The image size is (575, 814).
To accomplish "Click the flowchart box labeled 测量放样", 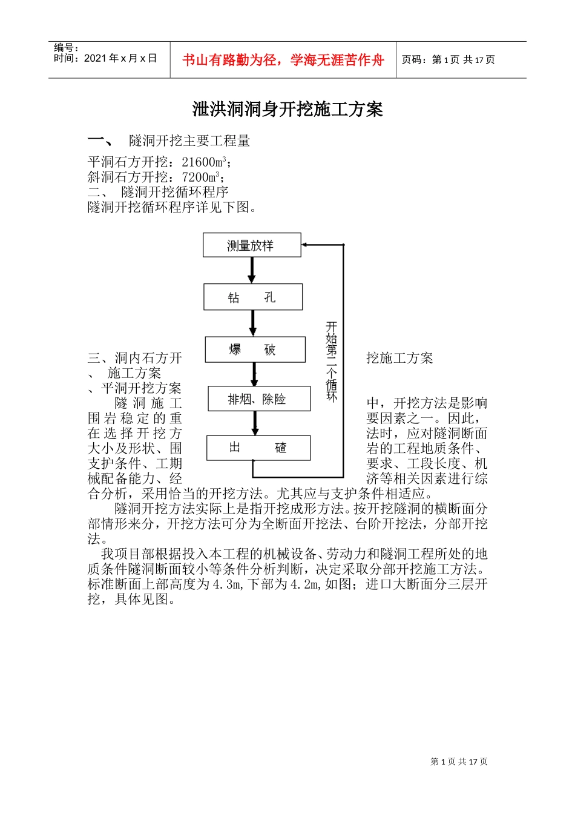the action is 252,245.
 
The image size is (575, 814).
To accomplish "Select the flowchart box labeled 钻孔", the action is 253,297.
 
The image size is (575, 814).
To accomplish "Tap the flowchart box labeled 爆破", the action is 255,349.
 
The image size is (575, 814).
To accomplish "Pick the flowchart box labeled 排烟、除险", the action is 259,399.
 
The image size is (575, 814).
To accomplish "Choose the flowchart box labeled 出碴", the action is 258,448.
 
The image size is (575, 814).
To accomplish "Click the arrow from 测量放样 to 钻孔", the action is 252,270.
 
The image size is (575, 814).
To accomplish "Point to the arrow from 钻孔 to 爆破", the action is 253,323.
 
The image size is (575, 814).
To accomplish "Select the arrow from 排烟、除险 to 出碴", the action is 255,423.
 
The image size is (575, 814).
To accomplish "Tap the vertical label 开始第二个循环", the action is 331,362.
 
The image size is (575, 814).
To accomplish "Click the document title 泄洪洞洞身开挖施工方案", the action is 287,110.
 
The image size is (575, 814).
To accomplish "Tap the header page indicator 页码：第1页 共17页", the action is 448,60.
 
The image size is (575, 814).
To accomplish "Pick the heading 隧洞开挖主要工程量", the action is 189,141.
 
